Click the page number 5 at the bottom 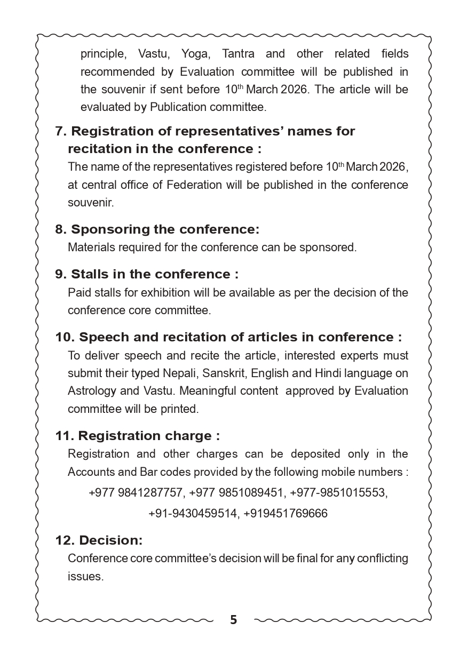pos(233,620)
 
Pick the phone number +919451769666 pos(286,513)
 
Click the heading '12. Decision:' pos(99,540)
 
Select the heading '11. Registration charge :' pos(138,436)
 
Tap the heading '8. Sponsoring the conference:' pos(157,229)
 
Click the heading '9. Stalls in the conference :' pos(147,274)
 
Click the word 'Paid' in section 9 pos(78,293)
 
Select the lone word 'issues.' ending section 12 pos(85,577)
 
